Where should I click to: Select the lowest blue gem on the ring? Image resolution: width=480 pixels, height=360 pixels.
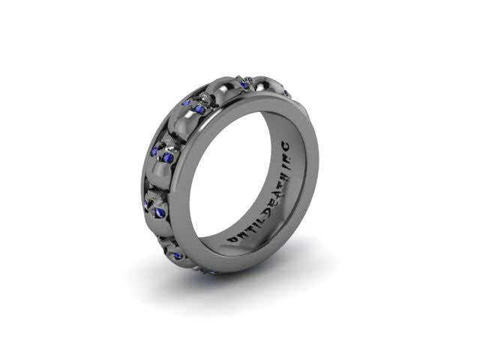(x=213, y=271)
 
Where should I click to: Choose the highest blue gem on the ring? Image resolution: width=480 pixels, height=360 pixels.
(x=244, y=84)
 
